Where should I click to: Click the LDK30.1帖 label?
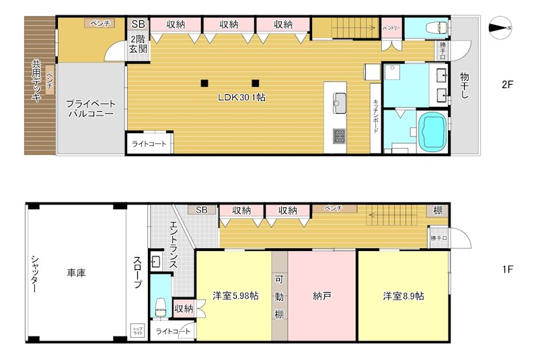pos(241,98)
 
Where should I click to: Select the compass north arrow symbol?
pos(500,28)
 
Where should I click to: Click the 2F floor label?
pos(507,85)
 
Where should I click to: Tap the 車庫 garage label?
pos(76,273)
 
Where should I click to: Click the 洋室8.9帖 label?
pos(403,295)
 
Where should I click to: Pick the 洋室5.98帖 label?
pos(233,295)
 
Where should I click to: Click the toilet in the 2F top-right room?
pos(438,28)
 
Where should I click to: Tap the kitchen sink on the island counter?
pos(339,104)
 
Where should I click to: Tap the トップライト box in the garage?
pos(137,330)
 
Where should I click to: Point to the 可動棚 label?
pos(279,297)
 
